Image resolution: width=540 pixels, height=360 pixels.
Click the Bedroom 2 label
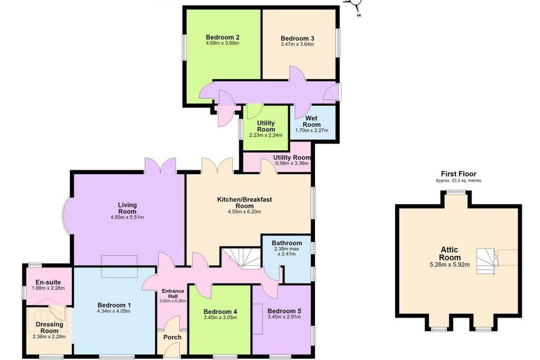coord(222,37)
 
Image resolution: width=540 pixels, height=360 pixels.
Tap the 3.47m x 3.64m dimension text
coord(297,44)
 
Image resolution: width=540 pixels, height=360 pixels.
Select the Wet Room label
coord(312,121)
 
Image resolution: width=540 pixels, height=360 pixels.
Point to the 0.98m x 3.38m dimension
coord(292,163)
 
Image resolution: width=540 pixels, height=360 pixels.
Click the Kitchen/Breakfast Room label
coord(244,202)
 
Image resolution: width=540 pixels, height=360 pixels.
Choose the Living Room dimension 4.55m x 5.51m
coord(127,217)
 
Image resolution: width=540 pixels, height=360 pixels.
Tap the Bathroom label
coord(287,243)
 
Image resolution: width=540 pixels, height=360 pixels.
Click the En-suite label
coord(48,282)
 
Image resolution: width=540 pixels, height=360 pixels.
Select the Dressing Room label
coord(49,327)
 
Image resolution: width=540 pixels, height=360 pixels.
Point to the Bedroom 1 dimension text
coord(114,311)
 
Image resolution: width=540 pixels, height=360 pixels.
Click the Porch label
coord(172,337)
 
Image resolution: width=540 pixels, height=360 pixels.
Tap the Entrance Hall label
coord(173,294)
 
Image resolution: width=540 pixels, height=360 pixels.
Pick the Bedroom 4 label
coord(220,312)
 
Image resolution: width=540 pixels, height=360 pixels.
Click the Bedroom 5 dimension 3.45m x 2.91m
coord(284,317)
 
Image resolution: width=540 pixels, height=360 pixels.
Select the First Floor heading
coord(459,174)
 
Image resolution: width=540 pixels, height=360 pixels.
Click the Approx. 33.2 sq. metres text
coord(458,180)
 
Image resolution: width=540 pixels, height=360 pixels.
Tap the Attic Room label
coord(450,253)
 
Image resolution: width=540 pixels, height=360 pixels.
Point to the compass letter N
coord(359,15)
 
